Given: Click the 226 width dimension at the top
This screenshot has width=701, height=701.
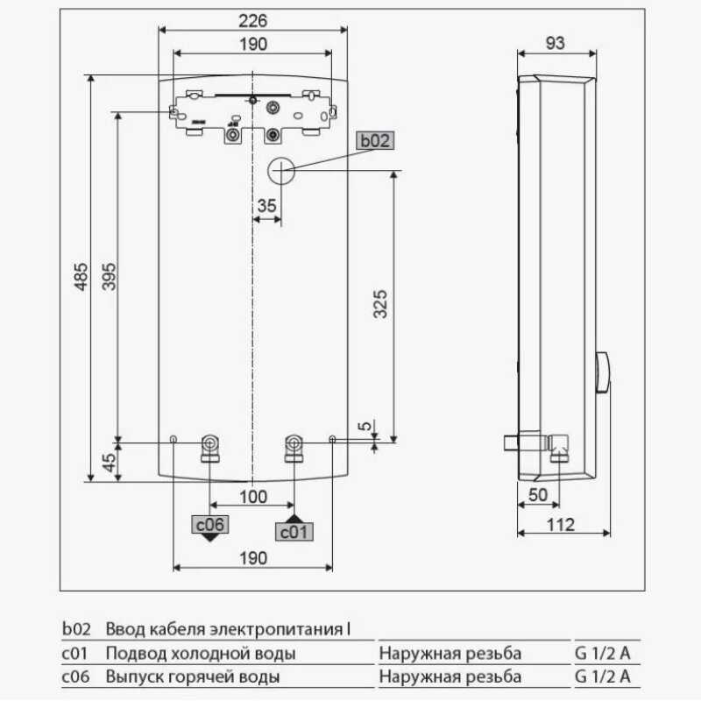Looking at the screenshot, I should (x=252, y=20).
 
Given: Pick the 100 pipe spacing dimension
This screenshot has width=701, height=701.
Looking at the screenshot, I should (x=252, y=498).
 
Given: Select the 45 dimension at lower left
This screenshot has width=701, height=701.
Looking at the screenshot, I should (x=110, y=462).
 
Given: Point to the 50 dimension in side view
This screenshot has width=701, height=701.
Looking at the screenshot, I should (x=537, y=495).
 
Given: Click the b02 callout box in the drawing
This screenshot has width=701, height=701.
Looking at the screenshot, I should (x=376, y=140).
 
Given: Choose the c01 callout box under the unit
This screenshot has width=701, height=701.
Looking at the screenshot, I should (x=294, y=531).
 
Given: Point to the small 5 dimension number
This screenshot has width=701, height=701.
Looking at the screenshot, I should (x=365, y=427).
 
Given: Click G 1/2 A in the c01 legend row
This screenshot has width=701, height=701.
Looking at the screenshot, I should (x=603, y=654).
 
